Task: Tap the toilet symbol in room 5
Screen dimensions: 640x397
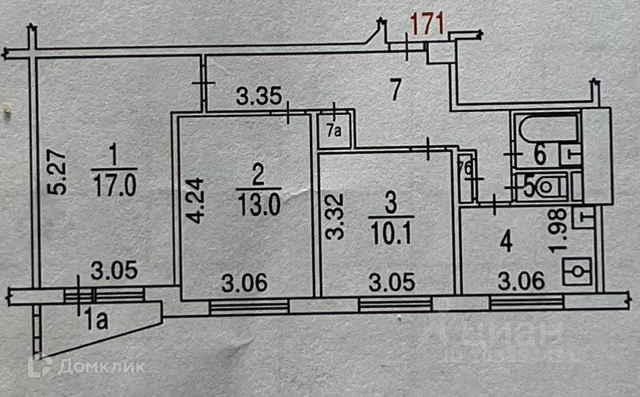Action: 547,187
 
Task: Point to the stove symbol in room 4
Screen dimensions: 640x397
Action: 575,273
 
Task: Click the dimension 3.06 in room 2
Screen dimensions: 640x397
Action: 246,282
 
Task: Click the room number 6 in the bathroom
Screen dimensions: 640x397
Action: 540,154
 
